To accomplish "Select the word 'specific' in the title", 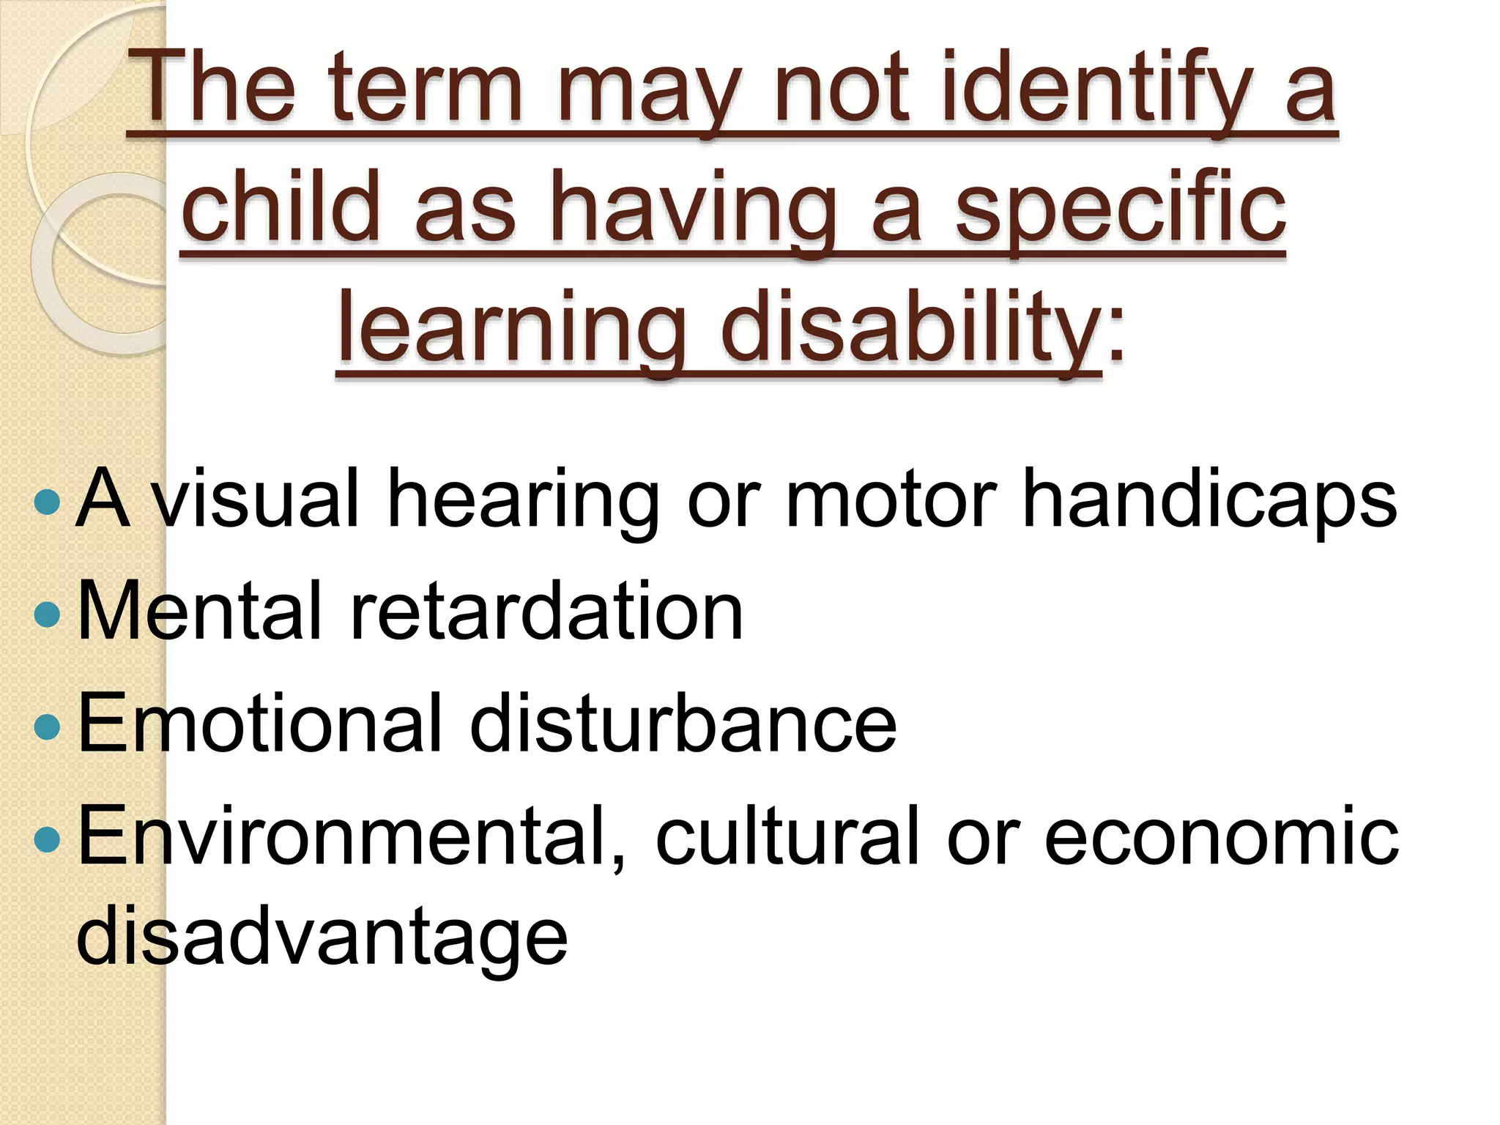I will pyautogui.click(x=1121, y=209).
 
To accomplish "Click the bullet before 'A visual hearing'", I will pyautogui.click(x=47, y=502).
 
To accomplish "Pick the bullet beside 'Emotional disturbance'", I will pyautogui.click(x=47, y=726).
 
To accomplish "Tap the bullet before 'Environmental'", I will pyautogui.click(x=47, y=838).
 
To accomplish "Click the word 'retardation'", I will pyautogui.click(x=546, y=611).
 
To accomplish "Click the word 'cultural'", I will pyautogui.click(x=787, y=835).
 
